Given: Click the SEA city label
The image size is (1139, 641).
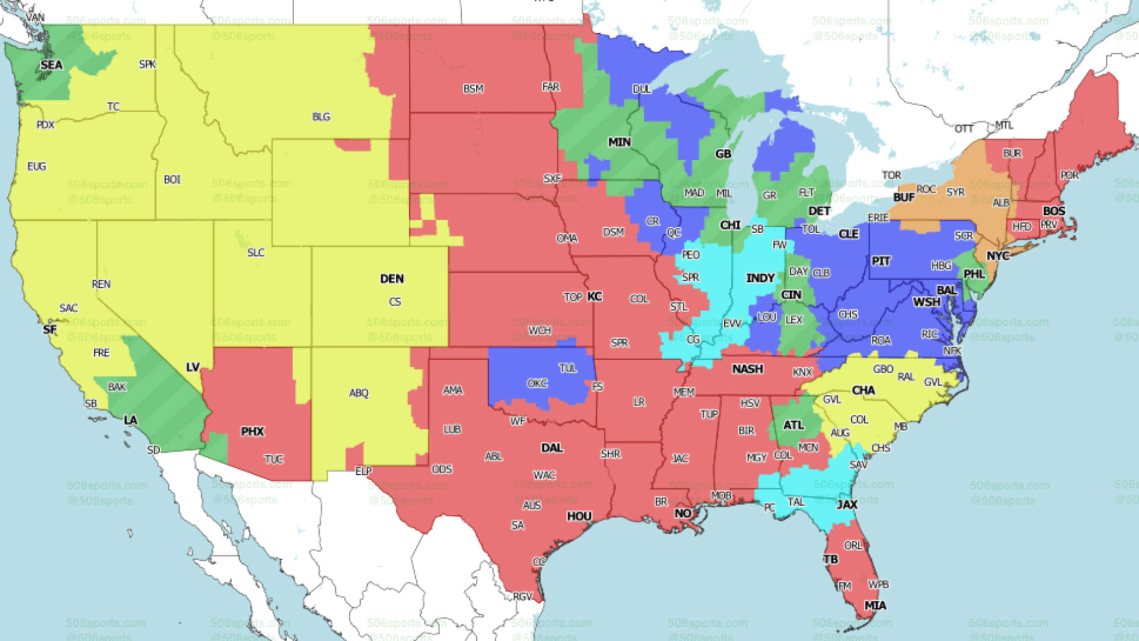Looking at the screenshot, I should point(52,65).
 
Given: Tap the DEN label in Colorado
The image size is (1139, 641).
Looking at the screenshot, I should point(392,278).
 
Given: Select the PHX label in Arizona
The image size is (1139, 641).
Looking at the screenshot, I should point(252,431).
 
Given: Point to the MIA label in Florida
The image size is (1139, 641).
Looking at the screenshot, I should point(875,605).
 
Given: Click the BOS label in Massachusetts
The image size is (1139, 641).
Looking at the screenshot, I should point(1054,211).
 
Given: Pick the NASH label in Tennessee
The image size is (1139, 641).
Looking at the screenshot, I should point(747,369).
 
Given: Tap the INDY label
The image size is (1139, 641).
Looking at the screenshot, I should point(760,278).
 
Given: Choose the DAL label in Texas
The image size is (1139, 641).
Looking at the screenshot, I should point(552,448).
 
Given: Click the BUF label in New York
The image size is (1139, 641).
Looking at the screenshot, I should point(904,197).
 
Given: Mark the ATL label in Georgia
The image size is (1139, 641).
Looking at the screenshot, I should point(793,425).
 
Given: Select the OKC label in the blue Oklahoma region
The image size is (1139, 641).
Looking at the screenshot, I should point(537,383).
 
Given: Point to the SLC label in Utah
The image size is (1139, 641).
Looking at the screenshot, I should point(256,252).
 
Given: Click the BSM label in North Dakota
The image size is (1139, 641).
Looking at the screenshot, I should point(473,88).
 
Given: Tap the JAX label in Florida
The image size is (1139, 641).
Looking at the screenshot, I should point(847,504).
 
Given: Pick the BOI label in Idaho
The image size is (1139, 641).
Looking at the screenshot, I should point(172,179).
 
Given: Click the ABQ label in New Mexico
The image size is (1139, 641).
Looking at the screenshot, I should point(358,393).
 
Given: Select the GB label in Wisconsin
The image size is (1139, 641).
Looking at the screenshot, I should point(723,154).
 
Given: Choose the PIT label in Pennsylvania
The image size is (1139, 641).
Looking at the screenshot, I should point(881,261).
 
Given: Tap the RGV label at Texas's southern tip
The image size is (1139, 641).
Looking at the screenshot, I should point(523,596).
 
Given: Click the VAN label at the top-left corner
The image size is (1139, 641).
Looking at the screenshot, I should point(34,17).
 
